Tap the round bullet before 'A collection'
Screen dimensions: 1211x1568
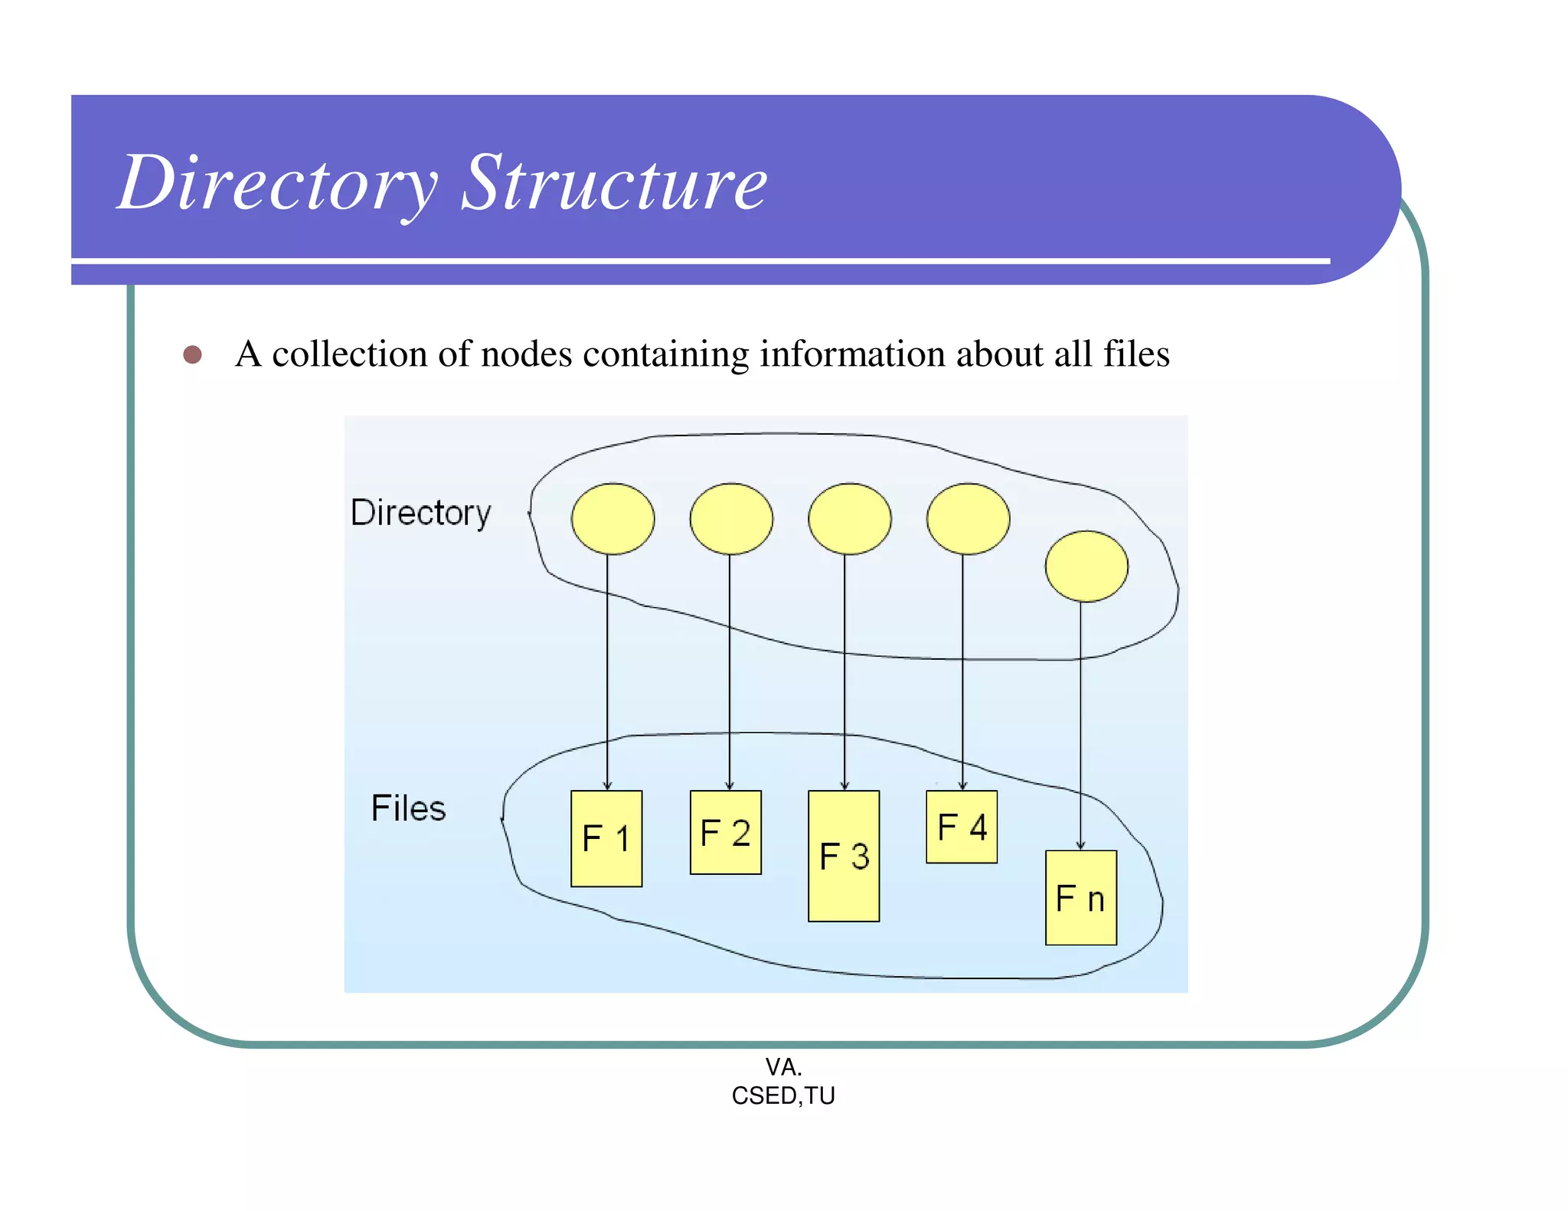click(192, 354)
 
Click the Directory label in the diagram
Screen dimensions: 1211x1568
click(420, 513)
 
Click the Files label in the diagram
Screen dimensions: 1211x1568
click(408, 808)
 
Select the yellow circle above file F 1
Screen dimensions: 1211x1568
click(612, 519)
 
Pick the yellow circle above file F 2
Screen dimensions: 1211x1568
click(731, 519)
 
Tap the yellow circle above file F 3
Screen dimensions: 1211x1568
click(850, 519)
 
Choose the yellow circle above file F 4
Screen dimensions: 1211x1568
click(968, 519)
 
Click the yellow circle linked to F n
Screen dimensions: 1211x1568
click(1086, 566)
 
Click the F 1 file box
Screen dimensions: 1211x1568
click(606, 839)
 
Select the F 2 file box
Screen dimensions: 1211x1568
click(725, 833)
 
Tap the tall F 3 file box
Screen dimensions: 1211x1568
click(844, 856)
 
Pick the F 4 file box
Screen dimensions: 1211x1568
click(962, 827)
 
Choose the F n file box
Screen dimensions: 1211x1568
click(1080, 898)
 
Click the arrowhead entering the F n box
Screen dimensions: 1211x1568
click(1080, 846)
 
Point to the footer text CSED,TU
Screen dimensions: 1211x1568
click(783, 1096)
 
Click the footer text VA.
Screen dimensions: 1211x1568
click(783, 1066)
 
